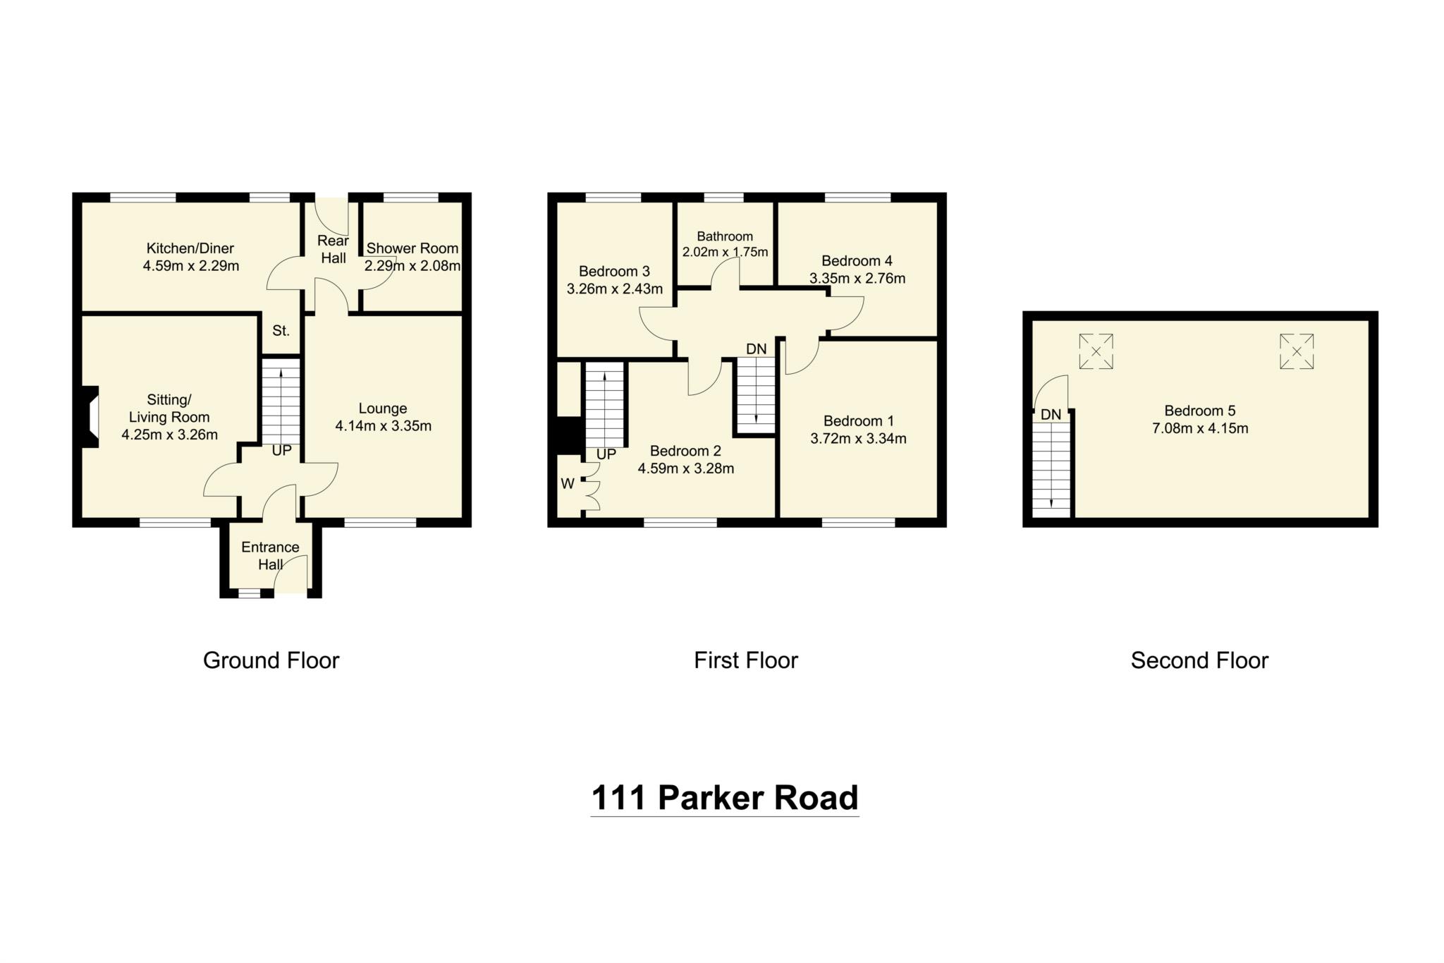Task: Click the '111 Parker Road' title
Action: [x=724, y=798]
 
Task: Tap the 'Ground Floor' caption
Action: [x=271, y=660]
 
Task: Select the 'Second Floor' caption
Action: [x=1199, y=660]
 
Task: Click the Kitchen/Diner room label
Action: [x=190, y=248]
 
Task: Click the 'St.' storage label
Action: [x=281, y=330]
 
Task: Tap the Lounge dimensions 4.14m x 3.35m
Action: [x=383, y=426]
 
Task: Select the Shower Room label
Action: [x=412, y=248]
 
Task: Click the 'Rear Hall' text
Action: [x=333, y=250]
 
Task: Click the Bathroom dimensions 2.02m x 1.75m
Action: [x=725, y=252]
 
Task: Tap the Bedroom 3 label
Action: [x=614, y=272]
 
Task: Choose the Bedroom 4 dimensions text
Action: [x=857, y=279]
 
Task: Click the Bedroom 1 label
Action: [x=858, y=421]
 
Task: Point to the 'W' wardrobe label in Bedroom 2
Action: [x=568, y=484]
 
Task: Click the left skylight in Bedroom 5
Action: [x=1096, y=351]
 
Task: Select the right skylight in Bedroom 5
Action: [x=1297, y=351]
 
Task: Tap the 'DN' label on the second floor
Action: [x=1051, y=415]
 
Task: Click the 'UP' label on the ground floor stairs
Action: [x=281, y=450]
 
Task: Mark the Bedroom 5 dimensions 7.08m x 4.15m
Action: [x=1199, y=428]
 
